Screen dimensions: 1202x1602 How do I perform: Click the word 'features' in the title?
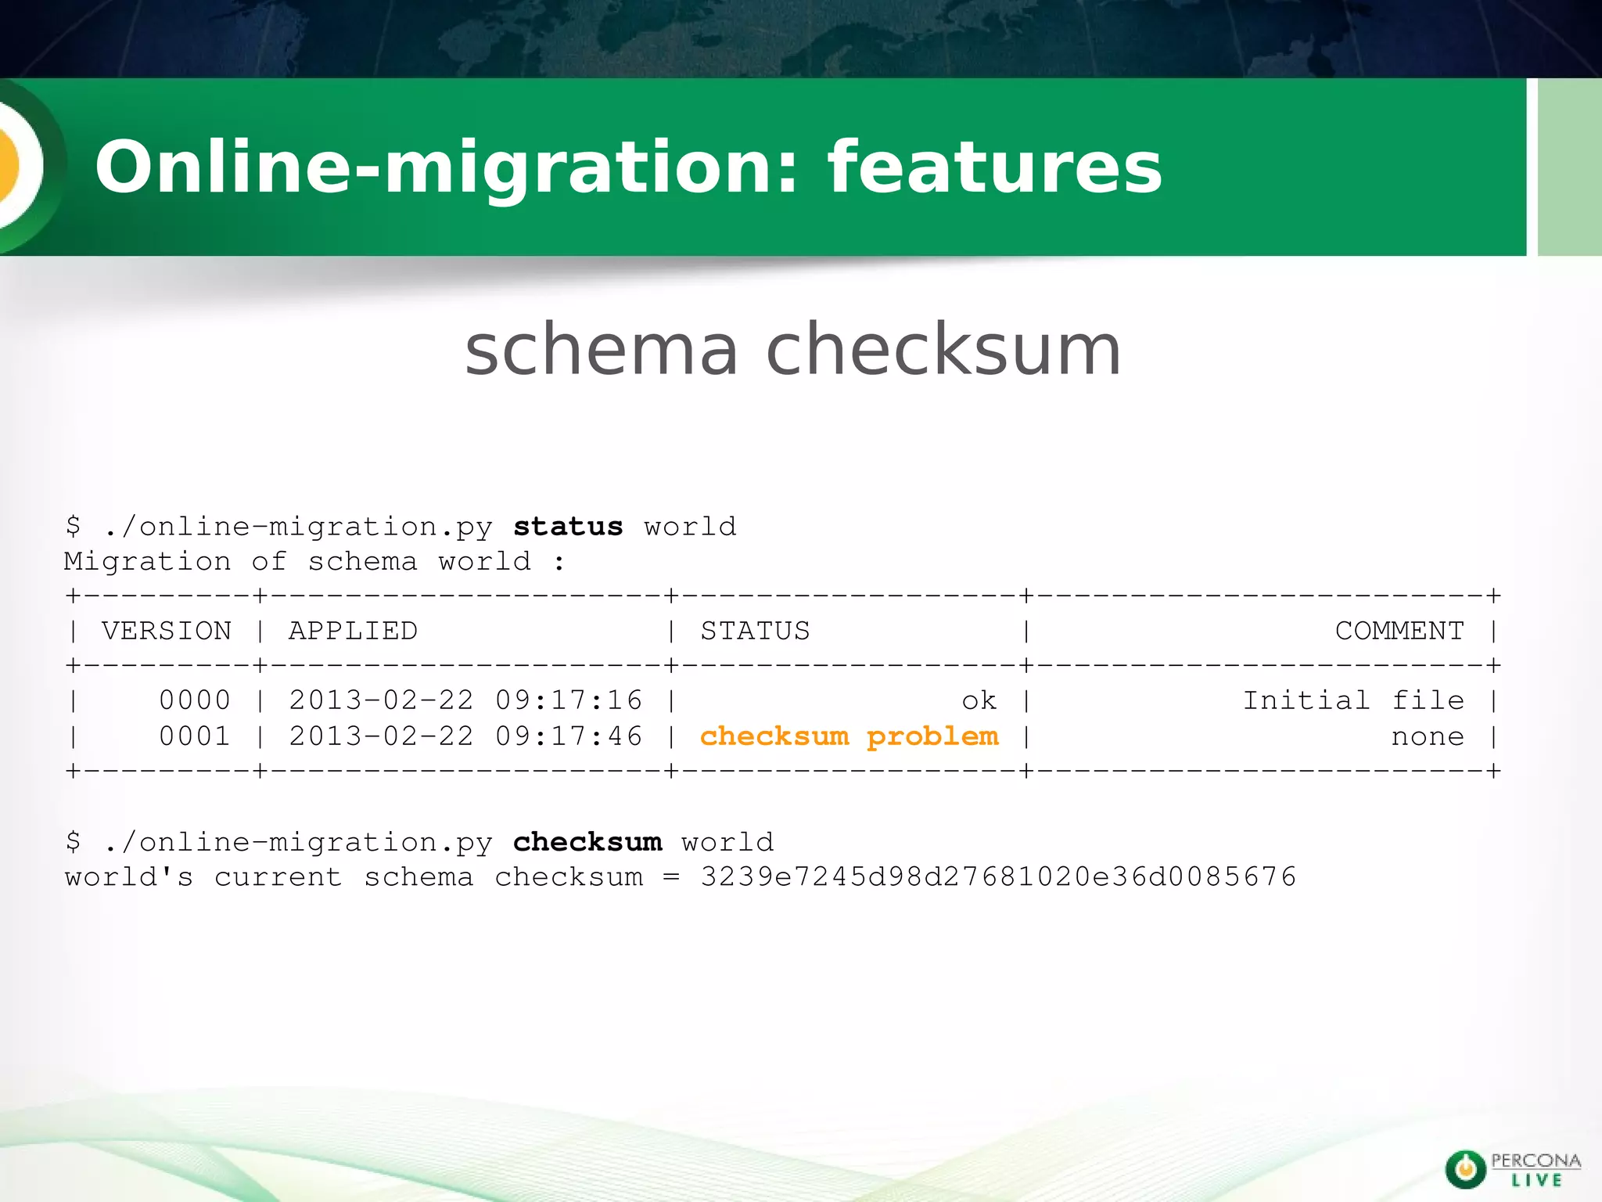coord(995,167)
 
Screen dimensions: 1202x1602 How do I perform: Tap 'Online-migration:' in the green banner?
coord(447,167)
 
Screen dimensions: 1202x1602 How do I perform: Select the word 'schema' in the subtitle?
coord(602,350)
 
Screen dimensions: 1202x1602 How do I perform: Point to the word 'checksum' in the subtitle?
coord(943,350)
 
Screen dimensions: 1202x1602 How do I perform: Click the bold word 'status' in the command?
coord(568,527)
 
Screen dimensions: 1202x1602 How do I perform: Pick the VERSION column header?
coord(167,631)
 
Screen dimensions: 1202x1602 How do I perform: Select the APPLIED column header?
coord(353,631)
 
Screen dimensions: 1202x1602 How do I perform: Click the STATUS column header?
coord(755,631)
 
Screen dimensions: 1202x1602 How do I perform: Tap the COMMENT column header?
coord(1399,631)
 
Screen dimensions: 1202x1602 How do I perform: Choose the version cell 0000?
coord(195,700)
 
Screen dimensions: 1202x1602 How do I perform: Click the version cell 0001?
coord(195,736)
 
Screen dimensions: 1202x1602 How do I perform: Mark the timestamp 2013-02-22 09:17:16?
coord(465,700)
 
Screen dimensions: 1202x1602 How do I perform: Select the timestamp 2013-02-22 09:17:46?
coord(465,736)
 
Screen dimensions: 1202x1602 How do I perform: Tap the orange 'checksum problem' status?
coord(849,736)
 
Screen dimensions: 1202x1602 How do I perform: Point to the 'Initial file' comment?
coord(1353,700)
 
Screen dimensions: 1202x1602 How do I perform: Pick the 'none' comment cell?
coord(1428,737)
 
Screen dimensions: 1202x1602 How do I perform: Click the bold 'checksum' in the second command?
coord(587,842)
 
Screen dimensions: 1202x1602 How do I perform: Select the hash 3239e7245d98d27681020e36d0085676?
coord(998,877)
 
